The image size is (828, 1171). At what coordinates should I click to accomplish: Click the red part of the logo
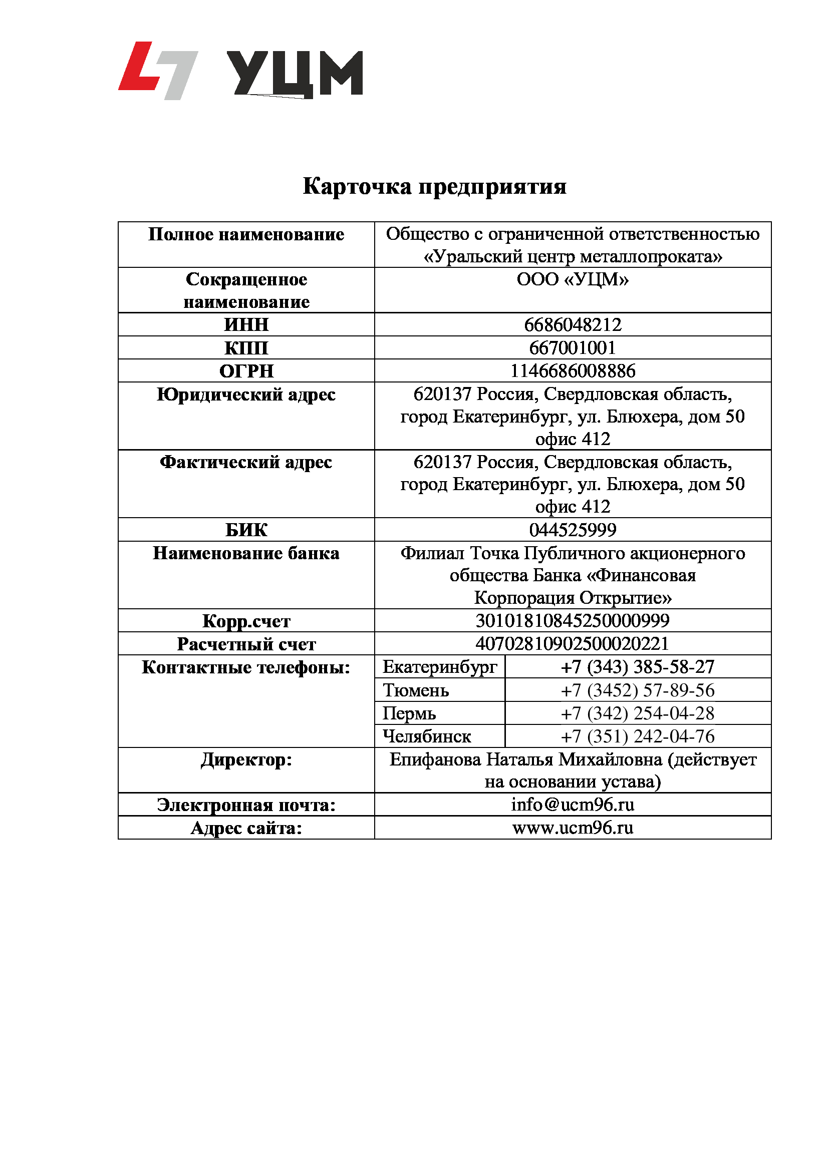tap(137, 68)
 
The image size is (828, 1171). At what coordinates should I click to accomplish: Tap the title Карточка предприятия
tap(434, 186)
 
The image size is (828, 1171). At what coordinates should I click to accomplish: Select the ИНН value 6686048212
tap(573, 324)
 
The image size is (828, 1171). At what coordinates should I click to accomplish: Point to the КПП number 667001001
tap(573, 348)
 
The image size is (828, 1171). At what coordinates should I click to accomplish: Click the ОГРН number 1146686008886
tap(573, 371)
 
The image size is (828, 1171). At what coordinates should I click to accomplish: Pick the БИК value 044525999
tap(573, 530)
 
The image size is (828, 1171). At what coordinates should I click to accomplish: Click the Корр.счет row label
tap(246, 621)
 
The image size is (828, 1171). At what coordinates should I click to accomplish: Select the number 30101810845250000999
tap(573, 621)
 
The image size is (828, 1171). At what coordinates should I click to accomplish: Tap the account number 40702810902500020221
tap(573, 644)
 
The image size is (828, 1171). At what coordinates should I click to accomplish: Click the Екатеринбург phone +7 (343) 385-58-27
tap(637, 667)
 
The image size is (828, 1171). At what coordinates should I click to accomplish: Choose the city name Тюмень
tap(416, 690)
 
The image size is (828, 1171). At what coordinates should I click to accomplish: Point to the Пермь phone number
tap(637, 713)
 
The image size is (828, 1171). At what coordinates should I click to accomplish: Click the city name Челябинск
tap(426, 736)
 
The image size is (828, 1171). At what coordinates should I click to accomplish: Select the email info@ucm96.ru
tap(573, 805)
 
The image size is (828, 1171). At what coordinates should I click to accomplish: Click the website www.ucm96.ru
tap(573, 828)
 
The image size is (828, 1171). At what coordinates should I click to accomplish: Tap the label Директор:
tap(246, 760)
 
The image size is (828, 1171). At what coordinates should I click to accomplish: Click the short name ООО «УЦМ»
tap(573, 279)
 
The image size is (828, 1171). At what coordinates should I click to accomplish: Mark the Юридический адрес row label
tap(246, 395)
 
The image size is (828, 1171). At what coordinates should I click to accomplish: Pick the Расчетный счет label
tap(246, 644)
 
